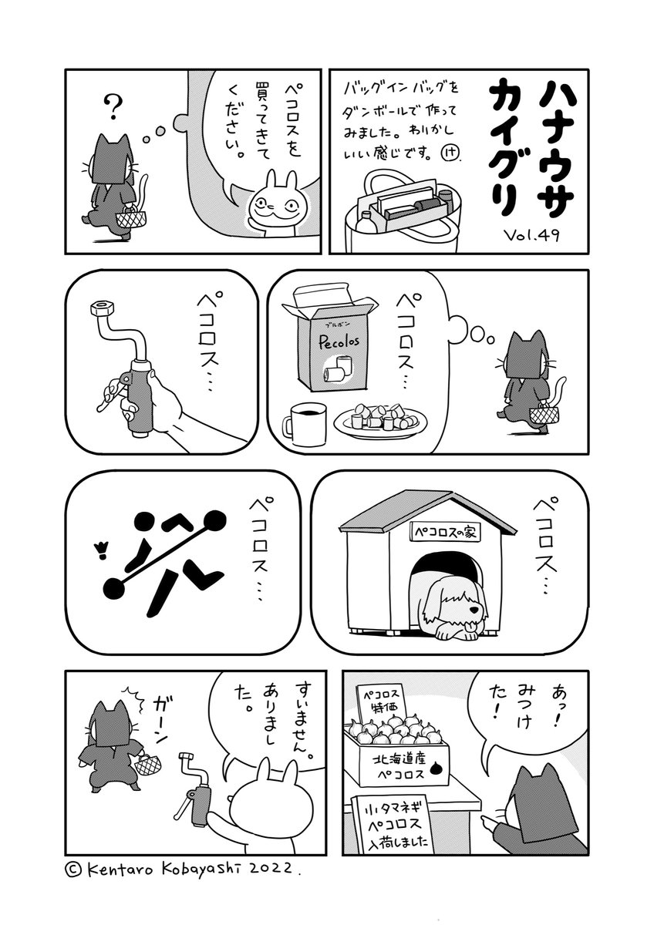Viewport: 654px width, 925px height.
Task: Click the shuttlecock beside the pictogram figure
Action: click(98, 548)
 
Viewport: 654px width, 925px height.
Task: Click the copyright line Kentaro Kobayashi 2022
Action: click(182, 868)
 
